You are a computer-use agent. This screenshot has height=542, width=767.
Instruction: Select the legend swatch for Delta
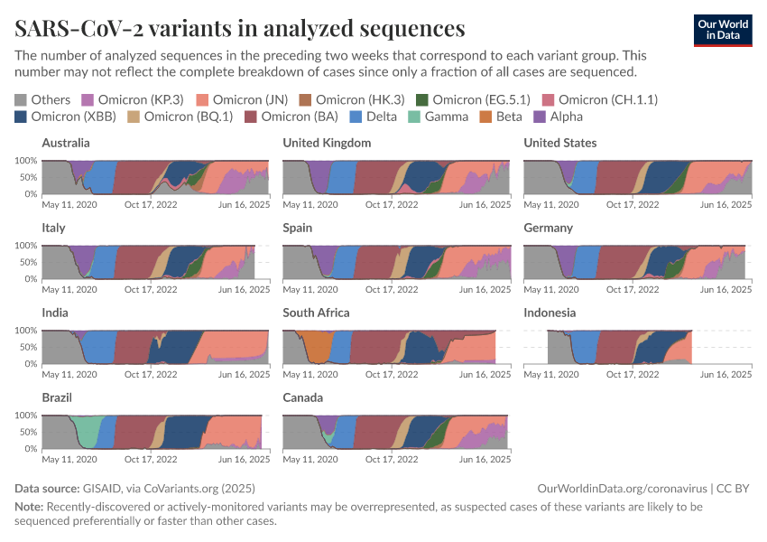point(356,117)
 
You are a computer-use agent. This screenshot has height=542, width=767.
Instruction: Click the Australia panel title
point(66,143)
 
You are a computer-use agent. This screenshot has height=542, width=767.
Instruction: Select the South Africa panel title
point(316,313)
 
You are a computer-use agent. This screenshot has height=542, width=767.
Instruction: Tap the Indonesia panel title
point(550,313)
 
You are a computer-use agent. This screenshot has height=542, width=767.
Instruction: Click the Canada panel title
point(303,397)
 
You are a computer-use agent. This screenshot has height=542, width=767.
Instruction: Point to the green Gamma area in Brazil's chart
point(87,432)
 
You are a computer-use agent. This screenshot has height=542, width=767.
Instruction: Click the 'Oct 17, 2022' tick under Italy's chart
point(151,290)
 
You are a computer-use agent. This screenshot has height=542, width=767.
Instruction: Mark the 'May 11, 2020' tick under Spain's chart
point(310,290)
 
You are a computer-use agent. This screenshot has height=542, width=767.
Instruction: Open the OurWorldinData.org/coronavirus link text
point(622,488)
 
